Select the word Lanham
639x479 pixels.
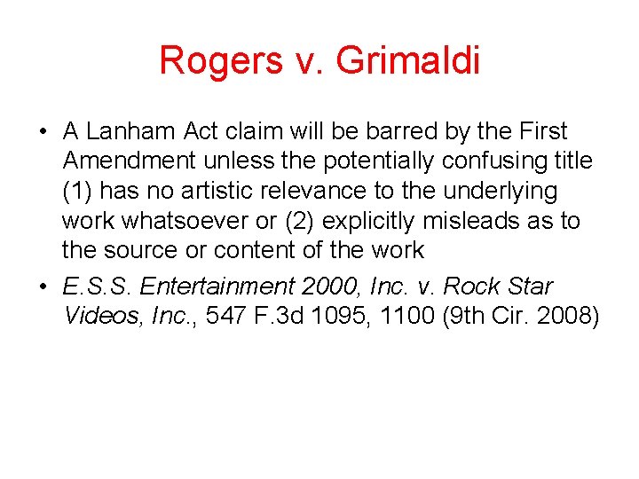[134, 132]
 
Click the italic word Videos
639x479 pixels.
[99, 317]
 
